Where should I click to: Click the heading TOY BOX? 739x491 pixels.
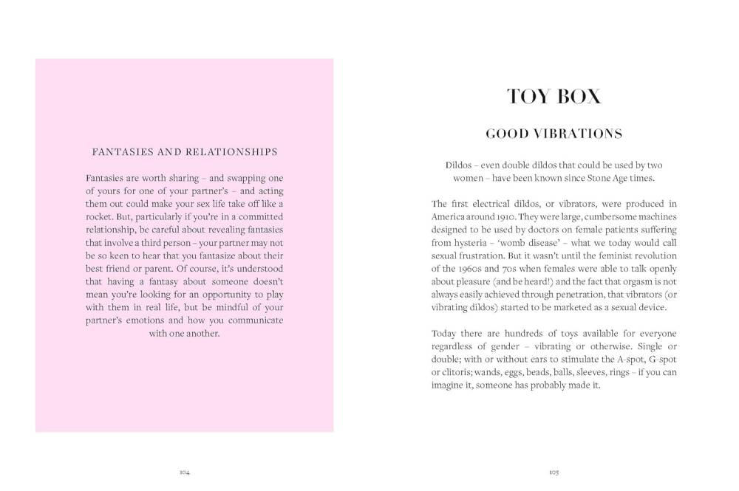point(554,97)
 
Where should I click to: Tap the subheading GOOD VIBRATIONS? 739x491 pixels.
point(554,134)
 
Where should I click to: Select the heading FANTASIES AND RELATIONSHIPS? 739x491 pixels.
point(184,152)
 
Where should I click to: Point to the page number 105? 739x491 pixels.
point(554,472)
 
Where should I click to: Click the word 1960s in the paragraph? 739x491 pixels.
point(473,269)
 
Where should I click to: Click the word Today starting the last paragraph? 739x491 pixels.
point(445,333)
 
